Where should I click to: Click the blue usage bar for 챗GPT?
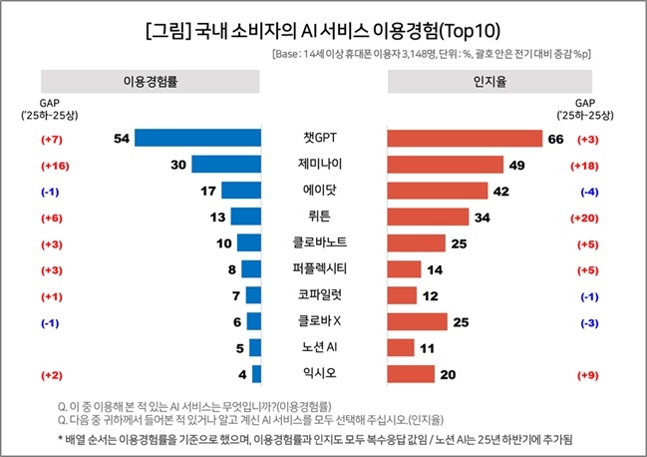197,138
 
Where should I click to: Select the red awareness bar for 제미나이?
431,164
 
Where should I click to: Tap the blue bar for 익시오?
256,373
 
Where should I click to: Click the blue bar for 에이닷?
241,190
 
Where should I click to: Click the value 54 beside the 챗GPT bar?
123,138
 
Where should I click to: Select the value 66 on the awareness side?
556,138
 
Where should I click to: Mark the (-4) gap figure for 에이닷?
590,190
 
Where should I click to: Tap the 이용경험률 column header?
149,80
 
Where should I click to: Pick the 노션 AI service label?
323,347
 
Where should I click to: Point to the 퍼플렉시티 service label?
323,268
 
